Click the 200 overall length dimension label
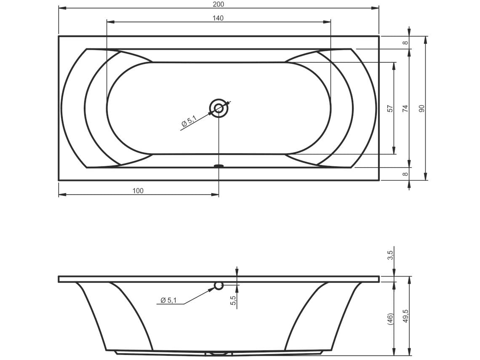[x=218, y=4]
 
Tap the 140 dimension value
[x=218, y=18]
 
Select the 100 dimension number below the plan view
[x=138, y=191]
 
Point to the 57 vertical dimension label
[x=390, y=108]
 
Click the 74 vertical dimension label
[x=405, y=108]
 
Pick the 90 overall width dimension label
[x=422, y=108]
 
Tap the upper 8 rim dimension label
[x=405, y=43]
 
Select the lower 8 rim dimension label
[x=405, y=174]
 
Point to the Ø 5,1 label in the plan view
[x=189, y=120]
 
